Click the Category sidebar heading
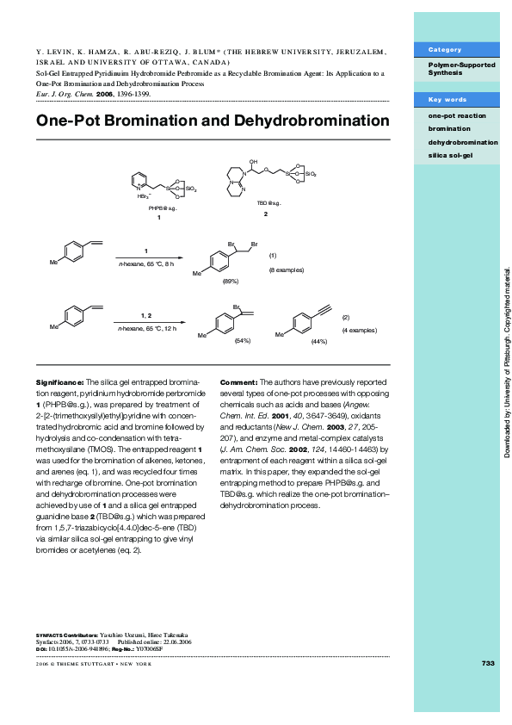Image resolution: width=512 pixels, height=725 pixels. pyautogui.click(x=445, y=50)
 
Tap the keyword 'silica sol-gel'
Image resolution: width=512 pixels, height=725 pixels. pyautogui.click(x=450, y=155)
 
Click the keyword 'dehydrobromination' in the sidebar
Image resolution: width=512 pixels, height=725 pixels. pyautogui.click(x=462, y=141)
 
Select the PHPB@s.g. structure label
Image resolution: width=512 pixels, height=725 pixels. pyautogui.click(x=163, y=208)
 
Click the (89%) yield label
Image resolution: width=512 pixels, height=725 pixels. pyautogui.click(x=231, y=281)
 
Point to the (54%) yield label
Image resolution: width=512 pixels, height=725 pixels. pyautogui.click(x=242, y=341)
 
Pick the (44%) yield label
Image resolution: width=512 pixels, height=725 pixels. pyautogui.click(x=319, y=342)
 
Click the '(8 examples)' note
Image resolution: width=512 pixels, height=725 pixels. pyautogui.click(x=287, y=270)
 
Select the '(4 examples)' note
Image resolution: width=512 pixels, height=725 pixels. pyautogui.click(x=359, y=330)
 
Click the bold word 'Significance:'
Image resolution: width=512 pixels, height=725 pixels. pyautogui.click(x=59, y=381)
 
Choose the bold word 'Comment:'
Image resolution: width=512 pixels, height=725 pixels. pyautogui.click(x=238, y=381)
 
